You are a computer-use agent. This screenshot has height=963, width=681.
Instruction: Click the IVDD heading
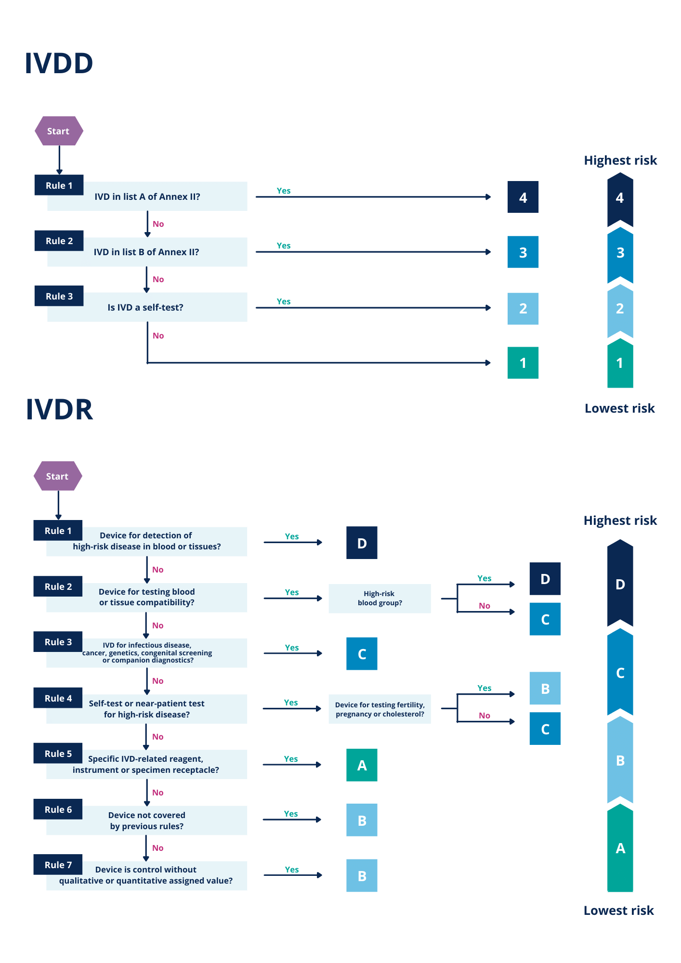[59, 64]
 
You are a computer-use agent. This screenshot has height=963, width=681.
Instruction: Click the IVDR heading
[60, 409]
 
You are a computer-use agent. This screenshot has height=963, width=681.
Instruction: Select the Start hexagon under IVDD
[59, 131]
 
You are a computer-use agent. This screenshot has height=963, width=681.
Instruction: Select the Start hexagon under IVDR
[58, 476]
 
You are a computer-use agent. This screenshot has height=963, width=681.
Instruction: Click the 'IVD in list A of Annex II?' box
[147, 196]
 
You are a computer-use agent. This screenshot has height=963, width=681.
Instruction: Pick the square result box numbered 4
[523, 197]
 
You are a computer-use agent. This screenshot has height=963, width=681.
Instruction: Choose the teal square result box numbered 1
[523, 363]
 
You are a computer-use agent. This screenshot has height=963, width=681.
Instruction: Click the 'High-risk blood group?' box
[380, 599]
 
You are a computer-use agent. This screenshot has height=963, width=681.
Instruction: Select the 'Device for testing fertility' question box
[380, 709]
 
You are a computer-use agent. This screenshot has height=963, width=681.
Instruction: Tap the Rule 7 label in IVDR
[58, 865]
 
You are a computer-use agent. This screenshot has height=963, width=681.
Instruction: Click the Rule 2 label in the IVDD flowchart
[59, 241]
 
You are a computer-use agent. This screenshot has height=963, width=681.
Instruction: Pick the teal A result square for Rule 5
[362, 765]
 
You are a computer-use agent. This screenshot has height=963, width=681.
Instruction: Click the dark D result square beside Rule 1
[362, 543]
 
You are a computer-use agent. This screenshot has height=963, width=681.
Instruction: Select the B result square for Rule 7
[362, 876]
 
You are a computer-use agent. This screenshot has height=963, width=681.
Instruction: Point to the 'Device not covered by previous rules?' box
[147, 820]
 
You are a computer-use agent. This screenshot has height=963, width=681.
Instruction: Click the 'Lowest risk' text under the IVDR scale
[619, 911]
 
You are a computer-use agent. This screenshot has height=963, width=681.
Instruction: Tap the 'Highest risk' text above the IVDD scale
[620, 160]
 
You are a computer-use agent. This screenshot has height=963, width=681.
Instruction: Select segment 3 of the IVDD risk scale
[620, 253]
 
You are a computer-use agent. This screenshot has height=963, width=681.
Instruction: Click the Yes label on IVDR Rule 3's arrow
[291, 648]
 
